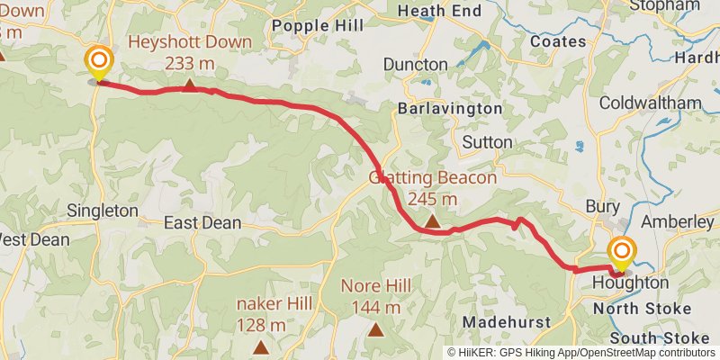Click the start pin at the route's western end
pos(98,62)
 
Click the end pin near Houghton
pos(621,253)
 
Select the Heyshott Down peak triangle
pos(190,85)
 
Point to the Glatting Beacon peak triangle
pos(432,220)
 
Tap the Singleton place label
pos(102,211)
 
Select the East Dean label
pos(202,222)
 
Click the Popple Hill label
pos(310,24)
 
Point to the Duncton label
pos(415,65)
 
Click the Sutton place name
pos(487,142)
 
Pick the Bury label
pos(602,206)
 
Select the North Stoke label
pos(643,309)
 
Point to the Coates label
pos(559,41)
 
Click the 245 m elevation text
pos(432,198)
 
